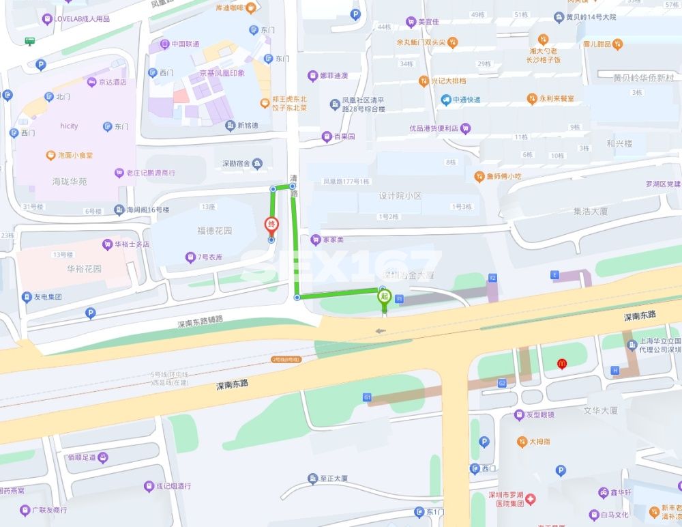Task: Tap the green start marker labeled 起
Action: (x=384, y=296)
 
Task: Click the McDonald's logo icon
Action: (x=562, y=365)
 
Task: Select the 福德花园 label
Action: (x=215, y=231)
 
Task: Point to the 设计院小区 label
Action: (x=400, y=196)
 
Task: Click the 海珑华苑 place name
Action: (x=70, y=182)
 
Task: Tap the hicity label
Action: (x=69, y=126)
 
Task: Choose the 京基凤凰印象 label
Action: (x=222, y=73)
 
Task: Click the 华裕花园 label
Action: (x=84, y=269)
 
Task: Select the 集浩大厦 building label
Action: (x=591, y=212)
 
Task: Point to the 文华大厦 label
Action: (x=600, y=410)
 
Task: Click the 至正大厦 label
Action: (x=333, y=479)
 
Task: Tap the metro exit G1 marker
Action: (x=367, y=397)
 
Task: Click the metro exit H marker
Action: (x=615, y=370)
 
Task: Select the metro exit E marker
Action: (x=554, y=274)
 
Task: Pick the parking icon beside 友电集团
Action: (x=90, y=313)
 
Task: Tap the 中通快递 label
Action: (x=466, y=100)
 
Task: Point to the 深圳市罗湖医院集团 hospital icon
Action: (x=529, y=499)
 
